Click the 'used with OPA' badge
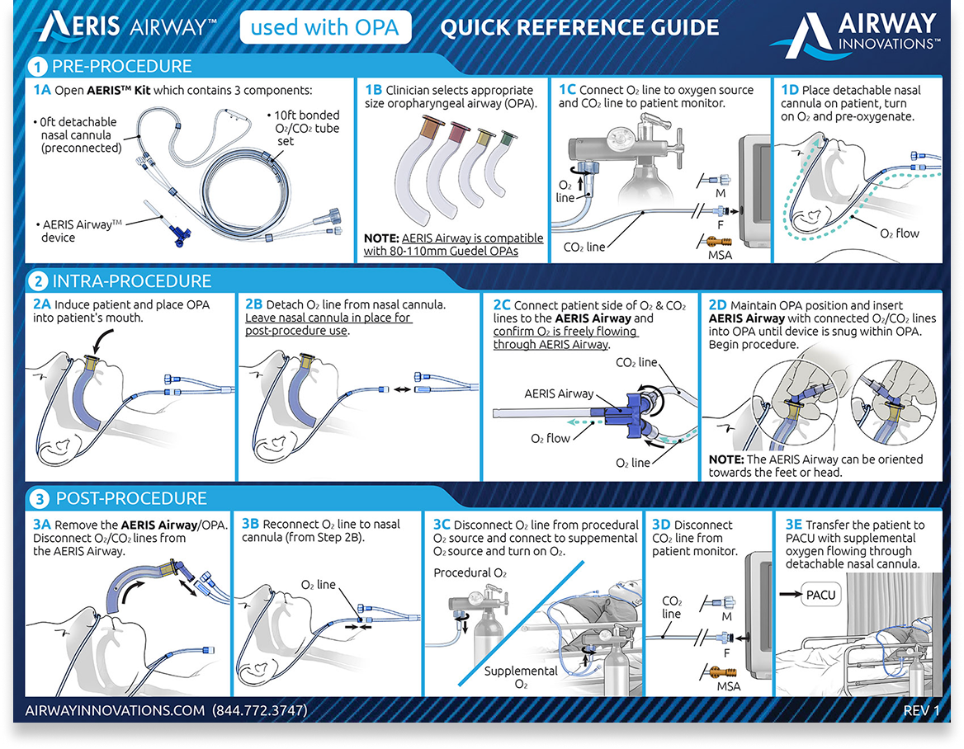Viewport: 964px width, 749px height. pos(324,28)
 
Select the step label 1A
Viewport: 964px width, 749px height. pos(43,89)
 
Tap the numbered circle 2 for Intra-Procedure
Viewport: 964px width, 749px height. pos(38,281)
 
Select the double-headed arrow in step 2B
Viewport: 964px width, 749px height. pos(404,388)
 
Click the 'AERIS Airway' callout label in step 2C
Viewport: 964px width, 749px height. pos(559,393)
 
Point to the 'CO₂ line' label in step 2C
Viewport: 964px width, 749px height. pos(636,362)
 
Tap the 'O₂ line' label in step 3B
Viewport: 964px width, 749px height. pos(319,585)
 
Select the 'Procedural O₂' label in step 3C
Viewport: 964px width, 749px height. pos(470,572)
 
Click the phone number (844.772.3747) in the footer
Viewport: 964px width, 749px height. pos(260,709)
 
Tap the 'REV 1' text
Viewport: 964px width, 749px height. pos(921,709)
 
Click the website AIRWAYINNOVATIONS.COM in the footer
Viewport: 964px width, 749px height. pos(115,709)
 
